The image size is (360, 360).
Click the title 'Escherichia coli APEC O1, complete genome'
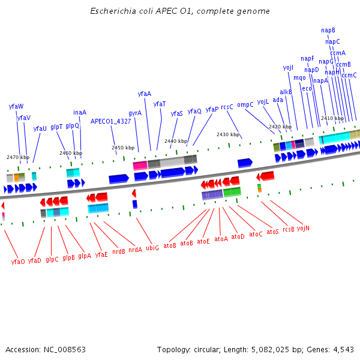coord(180,11)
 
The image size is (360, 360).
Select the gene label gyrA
coord(135,113)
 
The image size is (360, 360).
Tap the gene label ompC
coord(245,104)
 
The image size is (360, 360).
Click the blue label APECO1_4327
coord(110,121)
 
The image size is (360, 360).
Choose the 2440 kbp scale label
coord(176,141)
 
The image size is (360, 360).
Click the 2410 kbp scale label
coord(332,118)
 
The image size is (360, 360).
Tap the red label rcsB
coord(289,229)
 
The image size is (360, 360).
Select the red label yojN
coord(303,227)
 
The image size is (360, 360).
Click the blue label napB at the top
coord(328,30)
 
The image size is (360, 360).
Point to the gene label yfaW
coord(16,106)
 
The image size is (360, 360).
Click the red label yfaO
coord(18,262)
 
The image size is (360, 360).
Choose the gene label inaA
coord(80,112)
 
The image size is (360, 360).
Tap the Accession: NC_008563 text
coord(46,349)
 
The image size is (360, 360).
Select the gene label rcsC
coord(227,107)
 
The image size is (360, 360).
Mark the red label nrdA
coord(136,250)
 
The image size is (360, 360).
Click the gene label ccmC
coord(349,75)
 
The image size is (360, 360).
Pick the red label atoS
coord(273,232)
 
